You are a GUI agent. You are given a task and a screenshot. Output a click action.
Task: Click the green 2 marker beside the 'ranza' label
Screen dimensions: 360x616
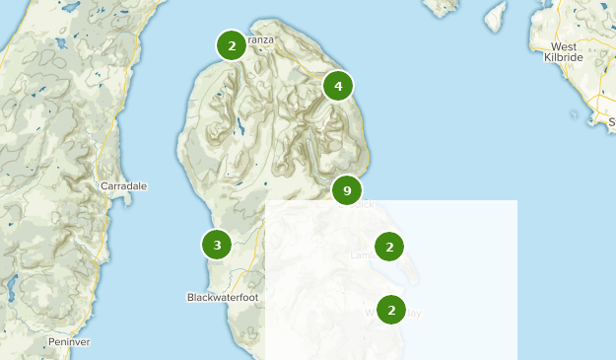[231, 45]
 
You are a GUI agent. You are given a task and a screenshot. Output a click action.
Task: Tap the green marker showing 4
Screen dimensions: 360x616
[338, 87]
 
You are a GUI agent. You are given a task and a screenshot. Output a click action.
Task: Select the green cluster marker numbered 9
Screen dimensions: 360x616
[346, 189]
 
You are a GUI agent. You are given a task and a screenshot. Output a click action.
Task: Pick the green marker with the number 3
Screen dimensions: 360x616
[216, 244]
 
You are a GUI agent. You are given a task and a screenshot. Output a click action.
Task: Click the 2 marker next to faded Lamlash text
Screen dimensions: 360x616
[390, 247]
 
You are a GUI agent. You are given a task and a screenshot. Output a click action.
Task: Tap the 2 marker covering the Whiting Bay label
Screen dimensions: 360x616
[391, 310]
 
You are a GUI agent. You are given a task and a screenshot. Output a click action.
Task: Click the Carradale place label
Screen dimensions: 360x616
[123, 185]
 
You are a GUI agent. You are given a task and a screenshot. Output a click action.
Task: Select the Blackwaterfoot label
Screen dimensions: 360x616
[222, 297]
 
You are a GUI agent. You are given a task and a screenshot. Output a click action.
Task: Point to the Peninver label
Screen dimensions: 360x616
[69, 341]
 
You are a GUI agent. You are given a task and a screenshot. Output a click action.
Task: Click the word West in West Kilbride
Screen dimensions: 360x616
[564, 46]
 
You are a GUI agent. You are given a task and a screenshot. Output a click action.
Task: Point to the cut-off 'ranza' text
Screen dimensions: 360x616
[260, 39]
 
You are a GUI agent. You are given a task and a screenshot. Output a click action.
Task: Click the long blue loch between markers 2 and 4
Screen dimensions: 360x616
[240, 126]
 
